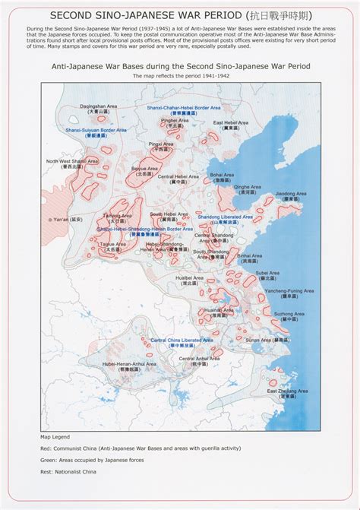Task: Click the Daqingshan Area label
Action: (x=99, y=106)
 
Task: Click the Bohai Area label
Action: (x=222, y=173)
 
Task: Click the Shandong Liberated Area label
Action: (x=226, y=217)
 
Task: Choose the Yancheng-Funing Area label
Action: (x=285, y=290)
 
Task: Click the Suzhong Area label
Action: (x=289, y=313)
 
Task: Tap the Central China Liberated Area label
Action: (x=182, y=340)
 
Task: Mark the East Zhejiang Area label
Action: (x=287, y=391)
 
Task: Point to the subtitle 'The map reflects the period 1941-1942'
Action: (x=179, y=76)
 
